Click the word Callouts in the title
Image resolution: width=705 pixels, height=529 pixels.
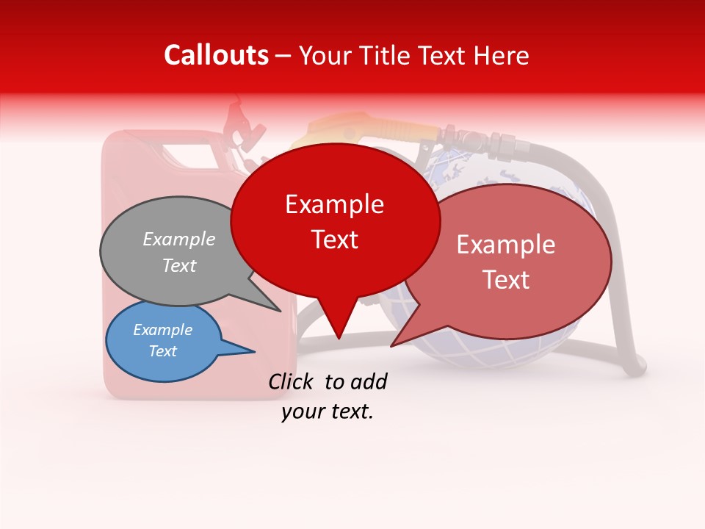(216, 55)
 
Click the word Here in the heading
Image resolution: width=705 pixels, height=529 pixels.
(501, 55)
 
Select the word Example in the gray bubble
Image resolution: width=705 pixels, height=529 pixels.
(179, 239)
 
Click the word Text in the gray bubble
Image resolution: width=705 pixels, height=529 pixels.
(179, 265)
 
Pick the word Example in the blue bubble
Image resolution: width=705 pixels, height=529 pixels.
(163, 329)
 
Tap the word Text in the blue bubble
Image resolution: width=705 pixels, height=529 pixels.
(163, 351)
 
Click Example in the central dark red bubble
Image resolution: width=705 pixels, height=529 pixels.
(335, 204)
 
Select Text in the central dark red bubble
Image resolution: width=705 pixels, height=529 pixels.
(335, 239)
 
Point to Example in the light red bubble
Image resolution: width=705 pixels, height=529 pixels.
(506, 245)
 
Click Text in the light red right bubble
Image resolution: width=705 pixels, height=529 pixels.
(506, 279)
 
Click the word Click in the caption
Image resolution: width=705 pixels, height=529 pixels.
(292, 381)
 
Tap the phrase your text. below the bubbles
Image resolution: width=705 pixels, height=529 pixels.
(328, 411)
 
